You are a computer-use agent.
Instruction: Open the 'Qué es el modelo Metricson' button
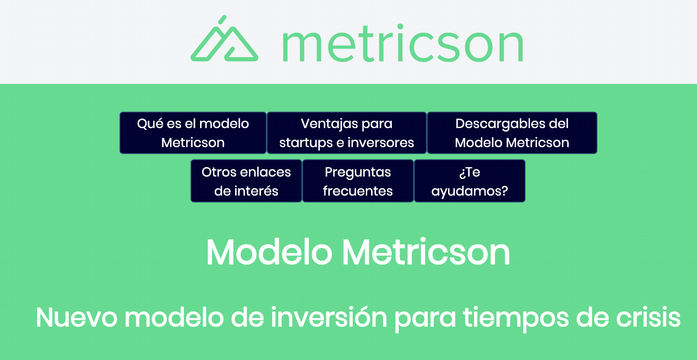193,133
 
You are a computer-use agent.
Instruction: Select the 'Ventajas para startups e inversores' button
347,133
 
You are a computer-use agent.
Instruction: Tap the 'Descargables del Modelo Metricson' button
512,133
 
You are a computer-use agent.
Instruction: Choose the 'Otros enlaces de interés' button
246,181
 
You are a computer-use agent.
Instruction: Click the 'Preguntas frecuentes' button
358,181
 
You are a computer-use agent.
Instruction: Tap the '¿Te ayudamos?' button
470,181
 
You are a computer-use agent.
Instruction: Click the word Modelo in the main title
269,252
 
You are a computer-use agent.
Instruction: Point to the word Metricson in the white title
426,252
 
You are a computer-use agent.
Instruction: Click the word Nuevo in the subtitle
77,318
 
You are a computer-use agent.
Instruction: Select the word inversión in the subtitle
329,318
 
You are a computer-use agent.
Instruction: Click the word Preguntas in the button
358,173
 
